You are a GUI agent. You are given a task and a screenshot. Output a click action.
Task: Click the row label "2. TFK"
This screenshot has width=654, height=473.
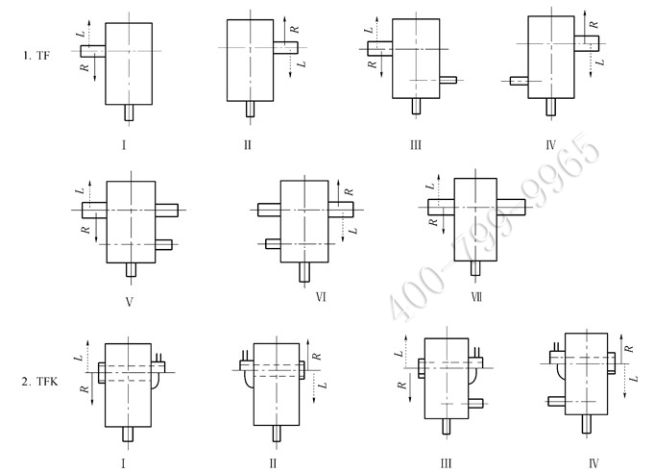pyautogui.click(x=38, y=383)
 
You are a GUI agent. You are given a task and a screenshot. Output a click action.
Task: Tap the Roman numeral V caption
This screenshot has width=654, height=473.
pyautogui.click(x=128, y=299)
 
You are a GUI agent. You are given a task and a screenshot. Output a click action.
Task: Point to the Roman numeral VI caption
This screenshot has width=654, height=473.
pyautogui.click(x=320, y=297)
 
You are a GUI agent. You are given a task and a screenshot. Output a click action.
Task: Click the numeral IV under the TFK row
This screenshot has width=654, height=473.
pyautogui.click(x=593, y=462)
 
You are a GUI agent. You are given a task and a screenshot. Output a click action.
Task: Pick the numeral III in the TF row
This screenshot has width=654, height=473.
pyautogui.click(x=416, y=146)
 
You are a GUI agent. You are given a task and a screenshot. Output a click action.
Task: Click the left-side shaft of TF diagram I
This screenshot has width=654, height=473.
pyautogui.click(x=93, y=51)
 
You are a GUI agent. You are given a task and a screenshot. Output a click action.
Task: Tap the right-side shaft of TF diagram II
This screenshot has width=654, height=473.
pyautogui.click(x=285, y=46)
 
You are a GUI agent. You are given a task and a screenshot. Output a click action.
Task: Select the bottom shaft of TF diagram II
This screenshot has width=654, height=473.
pyautogui.click(x=250, y=109)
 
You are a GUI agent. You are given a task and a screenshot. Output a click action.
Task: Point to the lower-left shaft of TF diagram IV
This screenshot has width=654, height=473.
pyautogui.click(x=519, y=82)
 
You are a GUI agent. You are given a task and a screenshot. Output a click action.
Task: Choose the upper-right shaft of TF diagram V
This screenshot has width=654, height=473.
pyautogui.click(x=166, y=209)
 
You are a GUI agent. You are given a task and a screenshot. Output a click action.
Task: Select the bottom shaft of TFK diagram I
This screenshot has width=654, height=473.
pyautogui.click(x=128, y=434)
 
